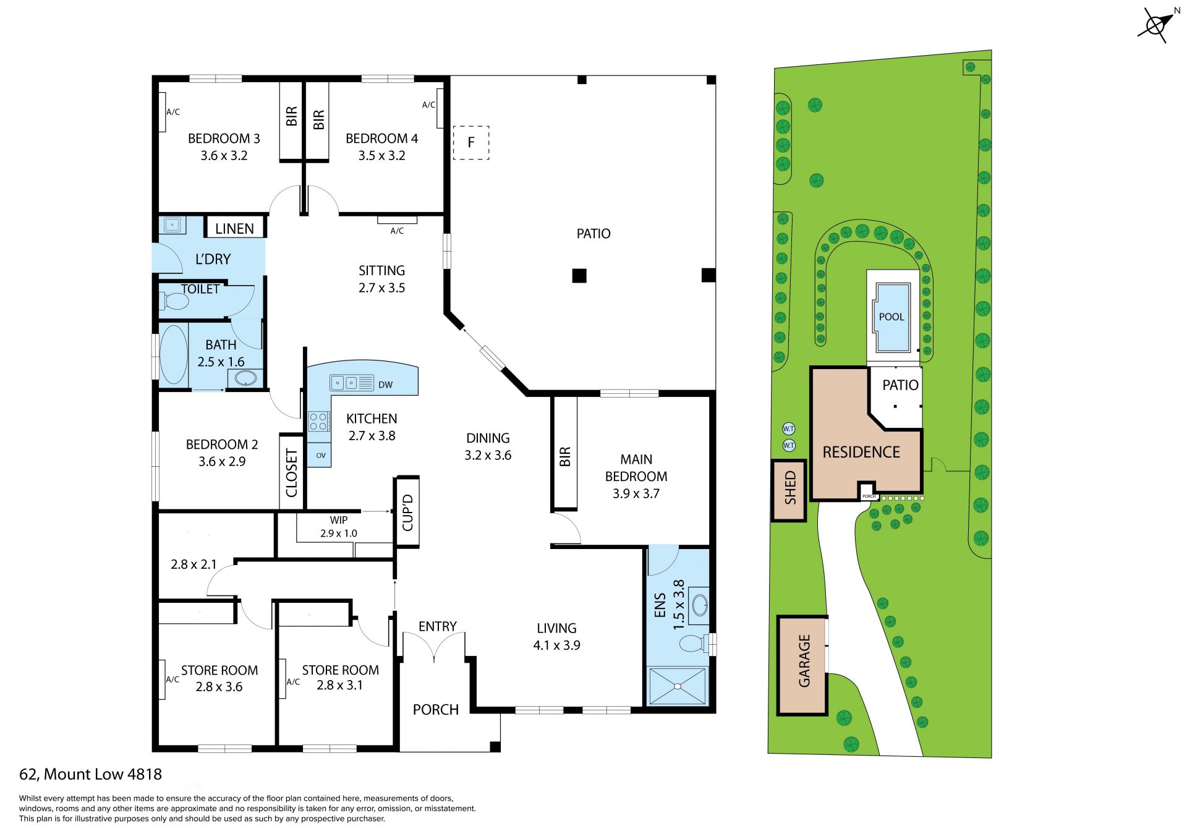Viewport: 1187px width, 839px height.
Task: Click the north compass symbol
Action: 1155,25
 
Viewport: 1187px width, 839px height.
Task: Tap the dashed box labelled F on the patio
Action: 471,143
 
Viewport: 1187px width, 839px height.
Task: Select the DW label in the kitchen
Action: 385,385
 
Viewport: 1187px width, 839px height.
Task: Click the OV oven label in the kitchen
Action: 321,456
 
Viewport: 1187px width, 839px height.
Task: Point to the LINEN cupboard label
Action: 234,229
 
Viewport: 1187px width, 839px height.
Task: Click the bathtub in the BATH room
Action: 174,355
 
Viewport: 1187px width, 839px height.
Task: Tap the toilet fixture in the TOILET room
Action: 174,302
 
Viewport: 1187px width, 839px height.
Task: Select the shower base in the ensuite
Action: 678,686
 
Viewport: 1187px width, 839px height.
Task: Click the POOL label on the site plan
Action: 891,317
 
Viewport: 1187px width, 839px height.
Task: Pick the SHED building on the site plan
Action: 789,490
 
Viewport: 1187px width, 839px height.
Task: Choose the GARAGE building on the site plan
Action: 802,665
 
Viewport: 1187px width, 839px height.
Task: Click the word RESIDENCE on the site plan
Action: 861,452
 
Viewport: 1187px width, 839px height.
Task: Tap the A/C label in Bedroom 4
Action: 428,104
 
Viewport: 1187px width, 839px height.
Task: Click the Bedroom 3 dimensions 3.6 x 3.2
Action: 224,156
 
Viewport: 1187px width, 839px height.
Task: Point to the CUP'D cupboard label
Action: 407,513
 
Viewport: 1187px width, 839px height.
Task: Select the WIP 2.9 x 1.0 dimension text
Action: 339,527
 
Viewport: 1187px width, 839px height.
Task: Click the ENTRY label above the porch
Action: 438,626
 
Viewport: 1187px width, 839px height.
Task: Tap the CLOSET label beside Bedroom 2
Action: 292,473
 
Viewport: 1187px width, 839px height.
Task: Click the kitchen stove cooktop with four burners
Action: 318,422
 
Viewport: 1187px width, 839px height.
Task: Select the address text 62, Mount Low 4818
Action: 91,774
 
